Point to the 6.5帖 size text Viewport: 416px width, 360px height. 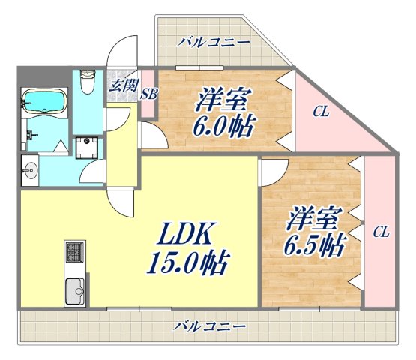(314, 244)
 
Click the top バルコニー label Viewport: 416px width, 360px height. (214, 42)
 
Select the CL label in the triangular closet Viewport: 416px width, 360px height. (321, 112)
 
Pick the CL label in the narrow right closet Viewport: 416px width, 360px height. (381, 232)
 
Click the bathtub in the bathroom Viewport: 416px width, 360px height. (46, 101)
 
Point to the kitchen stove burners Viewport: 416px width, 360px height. (75, 253)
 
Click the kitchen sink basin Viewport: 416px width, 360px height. (74, 289)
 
